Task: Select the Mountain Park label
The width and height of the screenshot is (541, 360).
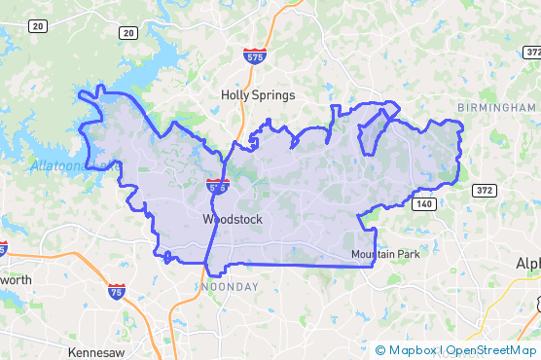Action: pyautogui.click(x=385, y=255)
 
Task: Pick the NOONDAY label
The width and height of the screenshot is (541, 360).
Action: pyautogui.click(x=230, y=287)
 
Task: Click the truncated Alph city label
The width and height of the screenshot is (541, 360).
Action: pyautogui.click(x=527, y=264)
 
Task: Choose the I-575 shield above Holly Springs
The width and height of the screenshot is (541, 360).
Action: pyautogui.click(x=255, y=55)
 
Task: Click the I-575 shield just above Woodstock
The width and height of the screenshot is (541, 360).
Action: pyautogui.click(x=218, y=184)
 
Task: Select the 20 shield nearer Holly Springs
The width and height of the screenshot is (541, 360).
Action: pyautogui.click(x=128, y=33)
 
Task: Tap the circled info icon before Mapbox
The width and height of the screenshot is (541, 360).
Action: pyautogui.click(x=379, y=349)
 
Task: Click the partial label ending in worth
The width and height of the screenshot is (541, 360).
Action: pyautogui.click(x=16, y=280)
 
